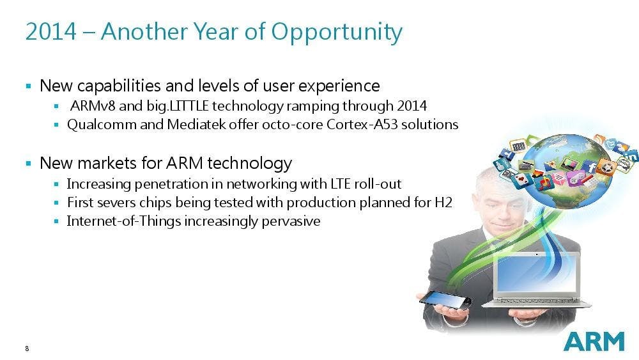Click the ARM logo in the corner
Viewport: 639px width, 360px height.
point(594,341)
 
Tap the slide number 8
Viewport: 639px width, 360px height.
point(27,348)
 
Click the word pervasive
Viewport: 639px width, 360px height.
point(291,222)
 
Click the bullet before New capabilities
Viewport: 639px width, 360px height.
point(28,85)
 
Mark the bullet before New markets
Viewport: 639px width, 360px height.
point(28,164)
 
